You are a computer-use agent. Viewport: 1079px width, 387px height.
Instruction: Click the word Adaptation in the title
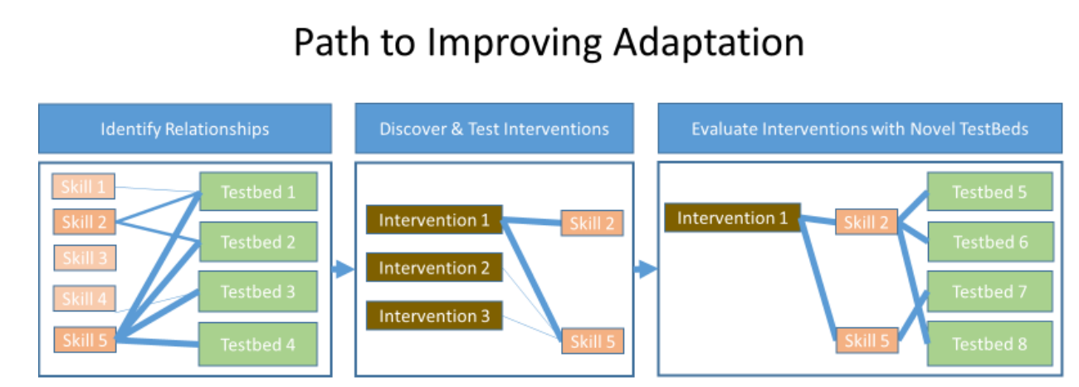[x=709, y=43]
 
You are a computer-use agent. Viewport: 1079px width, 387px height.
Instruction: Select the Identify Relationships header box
[x=185, y=128]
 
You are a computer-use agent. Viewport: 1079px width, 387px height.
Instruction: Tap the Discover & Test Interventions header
[x=494, y=128]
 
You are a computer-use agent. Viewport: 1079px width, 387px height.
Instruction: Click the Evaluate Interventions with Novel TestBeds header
[x=860, y=128]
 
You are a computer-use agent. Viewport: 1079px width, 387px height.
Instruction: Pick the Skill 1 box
[x=83, y=186]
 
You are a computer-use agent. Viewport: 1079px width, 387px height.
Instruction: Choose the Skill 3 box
[x=85, y=257]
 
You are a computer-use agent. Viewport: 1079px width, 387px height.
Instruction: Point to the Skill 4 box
[x=85, y=298]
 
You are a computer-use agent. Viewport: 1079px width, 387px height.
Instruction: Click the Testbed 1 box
[x=258, y=192]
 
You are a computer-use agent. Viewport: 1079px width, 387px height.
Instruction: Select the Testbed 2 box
[x=258, y=242]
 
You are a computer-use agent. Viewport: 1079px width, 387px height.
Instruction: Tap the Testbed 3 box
[x=257, y=291]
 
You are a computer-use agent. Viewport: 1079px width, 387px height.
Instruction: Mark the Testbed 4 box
[x=257, y=344]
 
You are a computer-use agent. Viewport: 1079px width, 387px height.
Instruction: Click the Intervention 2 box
[x=434, y=267]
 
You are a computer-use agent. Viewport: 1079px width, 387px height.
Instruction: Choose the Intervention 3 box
[x=434, y=316]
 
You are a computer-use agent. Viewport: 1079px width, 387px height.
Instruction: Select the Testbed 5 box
[x=989, y=192]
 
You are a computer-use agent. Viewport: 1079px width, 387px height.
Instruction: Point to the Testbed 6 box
[x=990, y=242]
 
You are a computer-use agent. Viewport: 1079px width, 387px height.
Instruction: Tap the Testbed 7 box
[x=989, y=291]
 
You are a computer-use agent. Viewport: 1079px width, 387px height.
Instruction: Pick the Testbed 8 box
[x=989, y=344]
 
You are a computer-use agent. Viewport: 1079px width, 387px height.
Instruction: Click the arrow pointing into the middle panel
[x=343, y=269]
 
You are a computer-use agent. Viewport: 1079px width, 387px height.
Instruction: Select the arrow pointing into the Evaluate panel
[x=646, y=269]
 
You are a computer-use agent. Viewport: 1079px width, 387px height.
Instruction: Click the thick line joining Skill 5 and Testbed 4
[x=158, y=341]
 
